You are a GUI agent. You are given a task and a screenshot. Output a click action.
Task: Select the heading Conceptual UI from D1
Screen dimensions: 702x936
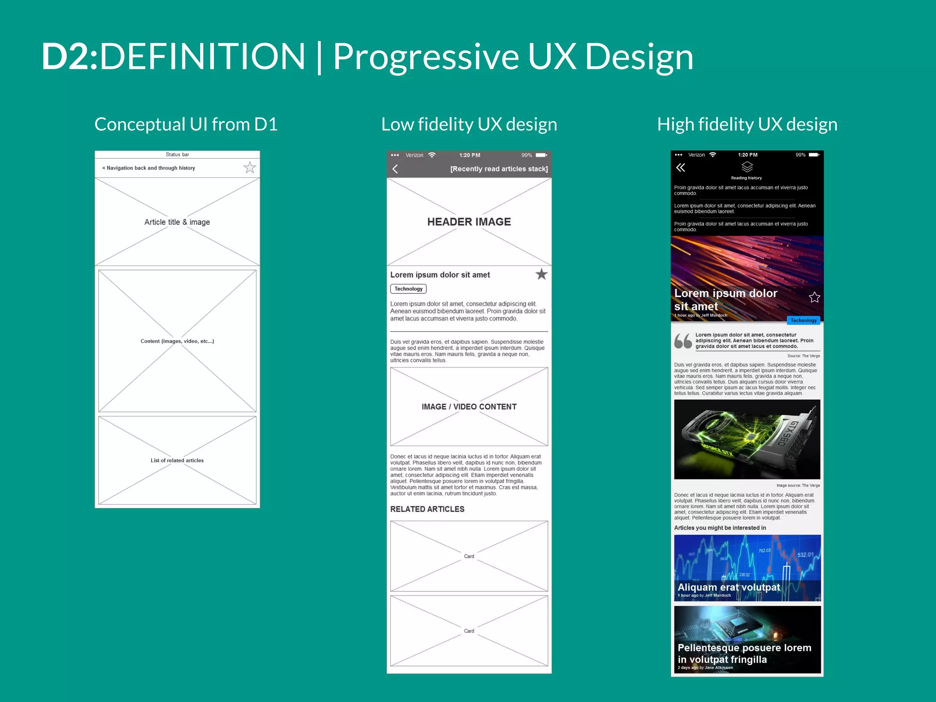click(x=186, y=124)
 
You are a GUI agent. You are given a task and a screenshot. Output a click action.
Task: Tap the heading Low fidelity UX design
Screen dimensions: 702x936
click(x=469, y=124)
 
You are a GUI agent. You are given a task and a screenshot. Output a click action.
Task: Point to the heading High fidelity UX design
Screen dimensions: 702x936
click(x=747, y=124)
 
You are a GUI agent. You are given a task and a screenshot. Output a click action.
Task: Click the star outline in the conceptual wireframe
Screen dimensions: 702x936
click(x=250, y=168)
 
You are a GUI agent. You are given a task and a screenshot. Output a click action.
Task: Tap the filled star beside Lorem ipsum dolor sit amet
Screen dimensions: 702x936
click(x=541, y=274)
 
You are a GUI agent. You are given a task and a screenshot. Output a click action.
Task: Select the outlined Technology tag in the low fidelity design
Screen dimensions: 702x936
click(x=408, y=289)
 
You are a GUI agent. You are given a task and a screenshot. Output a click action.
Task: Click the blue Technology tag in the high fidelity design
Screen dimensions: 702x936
click(x=803, y=320)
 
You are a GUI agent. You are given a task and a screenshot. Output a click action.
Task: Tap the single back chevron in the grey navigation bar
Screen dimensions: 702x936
click(x=395, y=169)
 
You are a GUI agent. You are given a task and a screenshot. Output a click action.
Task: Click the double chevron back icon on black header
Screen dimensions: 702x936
click(x=681, y=168)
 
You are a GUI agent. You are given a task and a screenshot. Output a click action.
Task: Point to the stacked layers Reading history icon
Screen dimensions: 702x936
click(x=747, y=167)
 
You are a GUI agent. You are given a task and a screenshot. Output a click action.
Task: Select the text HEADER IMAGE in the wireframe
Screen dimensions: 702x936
click(x=469, y=222)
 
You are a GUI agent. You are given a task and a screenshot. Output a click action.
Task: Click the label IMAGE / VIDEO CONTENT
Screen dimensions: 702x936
click(x=469, y=407)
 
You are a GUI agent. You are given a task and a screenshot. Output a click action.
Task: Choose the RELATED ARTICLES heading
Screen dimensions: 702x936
click(x=427, y=509)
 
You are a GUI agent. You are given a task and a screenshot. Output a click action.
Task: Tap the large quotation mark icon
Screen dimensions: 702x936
click(x=683, y=341)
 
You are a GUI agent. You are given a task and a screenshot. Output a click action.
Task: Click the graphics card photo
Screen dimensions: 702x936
click(x=747, y=439)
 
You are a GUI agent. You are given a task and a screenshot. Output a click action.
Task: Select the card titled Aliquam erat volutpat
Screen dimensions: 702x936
click(x=747, y=568)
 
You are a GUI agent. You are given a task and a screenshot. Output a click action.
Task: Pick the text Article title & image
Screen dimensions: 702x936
click(x=177, y=222)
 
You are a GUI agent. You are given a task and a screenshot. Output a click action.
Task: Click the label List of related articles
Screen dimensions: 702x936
click(x=177, y=461)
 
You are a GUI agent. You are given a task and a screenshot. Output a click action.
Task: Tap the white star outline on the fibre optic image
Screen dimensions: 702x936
click(x=814, y=298)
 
